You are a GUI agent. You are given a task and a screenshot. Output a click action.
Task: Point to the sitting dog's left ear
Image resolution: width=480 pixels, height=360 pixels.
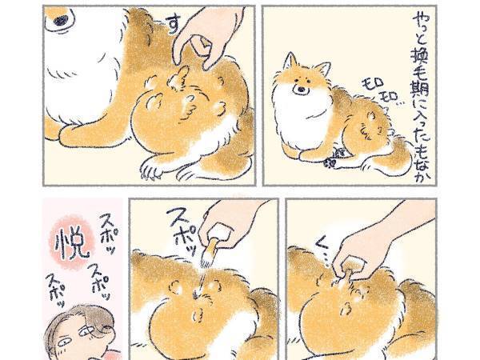322,66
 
